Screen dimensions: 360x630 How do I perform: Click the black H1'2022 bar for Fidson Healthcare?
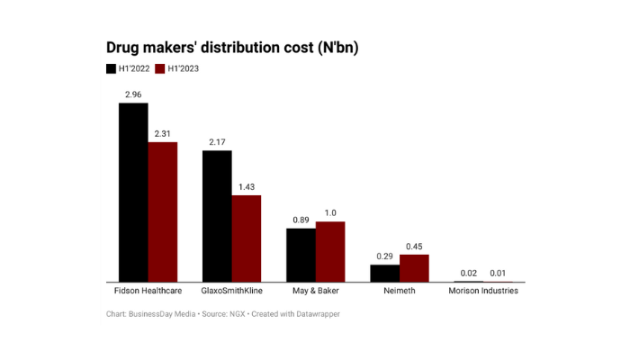pos(133,193)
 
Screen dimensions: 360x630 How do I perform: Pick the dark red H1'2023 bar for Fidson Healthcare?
pos(163,212)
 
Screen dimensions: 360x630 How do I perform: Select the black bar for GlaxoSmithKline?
pos(217,216)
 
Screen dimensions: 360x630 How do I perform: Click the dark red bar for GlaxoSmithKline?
pos(246,238)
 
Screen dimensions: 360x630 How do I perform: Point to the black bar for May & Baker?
pos(301,256)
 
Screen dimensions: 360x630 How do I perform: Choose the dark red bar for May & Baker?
pos(330,252)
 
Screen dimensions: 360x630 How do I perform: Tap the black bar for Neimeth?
pos(385,274)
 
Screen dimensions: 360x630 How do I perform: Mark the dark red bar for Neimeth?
pos(414,268)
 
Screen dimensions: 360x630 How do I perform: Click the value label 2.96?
pos(133,94)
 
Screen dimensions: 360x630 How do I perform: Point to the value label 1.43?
pos(246,186)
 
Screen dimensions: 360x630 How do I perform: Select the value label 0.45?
pos(414,246)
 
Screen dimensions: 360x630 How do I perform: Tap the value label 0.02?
pos(469,273)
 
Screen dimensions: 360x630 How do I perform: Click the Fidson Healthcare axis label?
pos(148,292)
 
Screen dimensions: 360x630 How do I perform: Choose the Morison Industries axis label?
pos(483,292)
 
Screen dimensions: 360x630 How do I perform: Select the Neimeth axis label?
pos(400,292)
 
